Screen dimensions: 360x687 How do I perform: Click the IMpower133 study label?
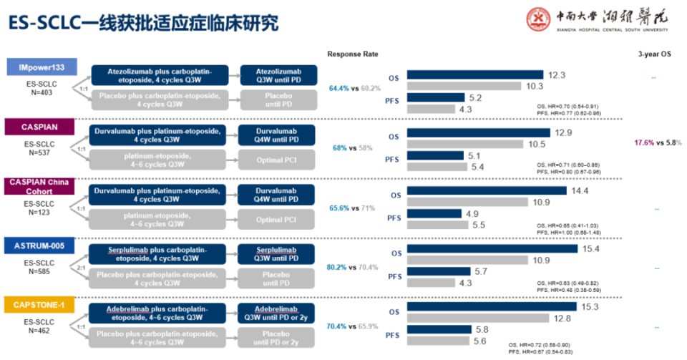[x=42, y=67]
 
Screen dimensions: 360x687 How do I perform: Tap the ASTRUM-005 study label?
[x=42, y=245]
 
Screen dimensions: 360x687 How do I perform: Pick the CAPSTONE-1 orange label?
[x=42, y=306]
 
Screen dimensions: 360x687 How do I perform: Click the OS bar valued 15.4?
[x=492, y=248]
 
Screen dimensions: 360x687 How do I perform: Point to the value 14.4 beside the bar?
[x=560, y=190]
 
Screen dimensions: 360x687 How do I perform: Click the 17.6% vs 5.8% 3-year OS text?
[x=657, y=142]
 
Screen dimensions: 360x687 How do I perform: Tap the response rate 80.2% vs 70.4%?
[x=352, y=267]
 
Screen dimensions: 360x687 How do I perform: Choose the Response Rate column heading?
[x=352, y=54]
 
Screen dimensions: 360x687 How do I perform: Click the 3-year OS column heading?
[x=654, y=54]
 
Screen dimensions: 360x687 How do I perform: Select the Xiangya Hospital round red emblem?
[x=539, y=19]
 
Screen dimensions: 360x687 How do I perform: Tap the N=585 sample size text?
[x=42, y=271]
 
